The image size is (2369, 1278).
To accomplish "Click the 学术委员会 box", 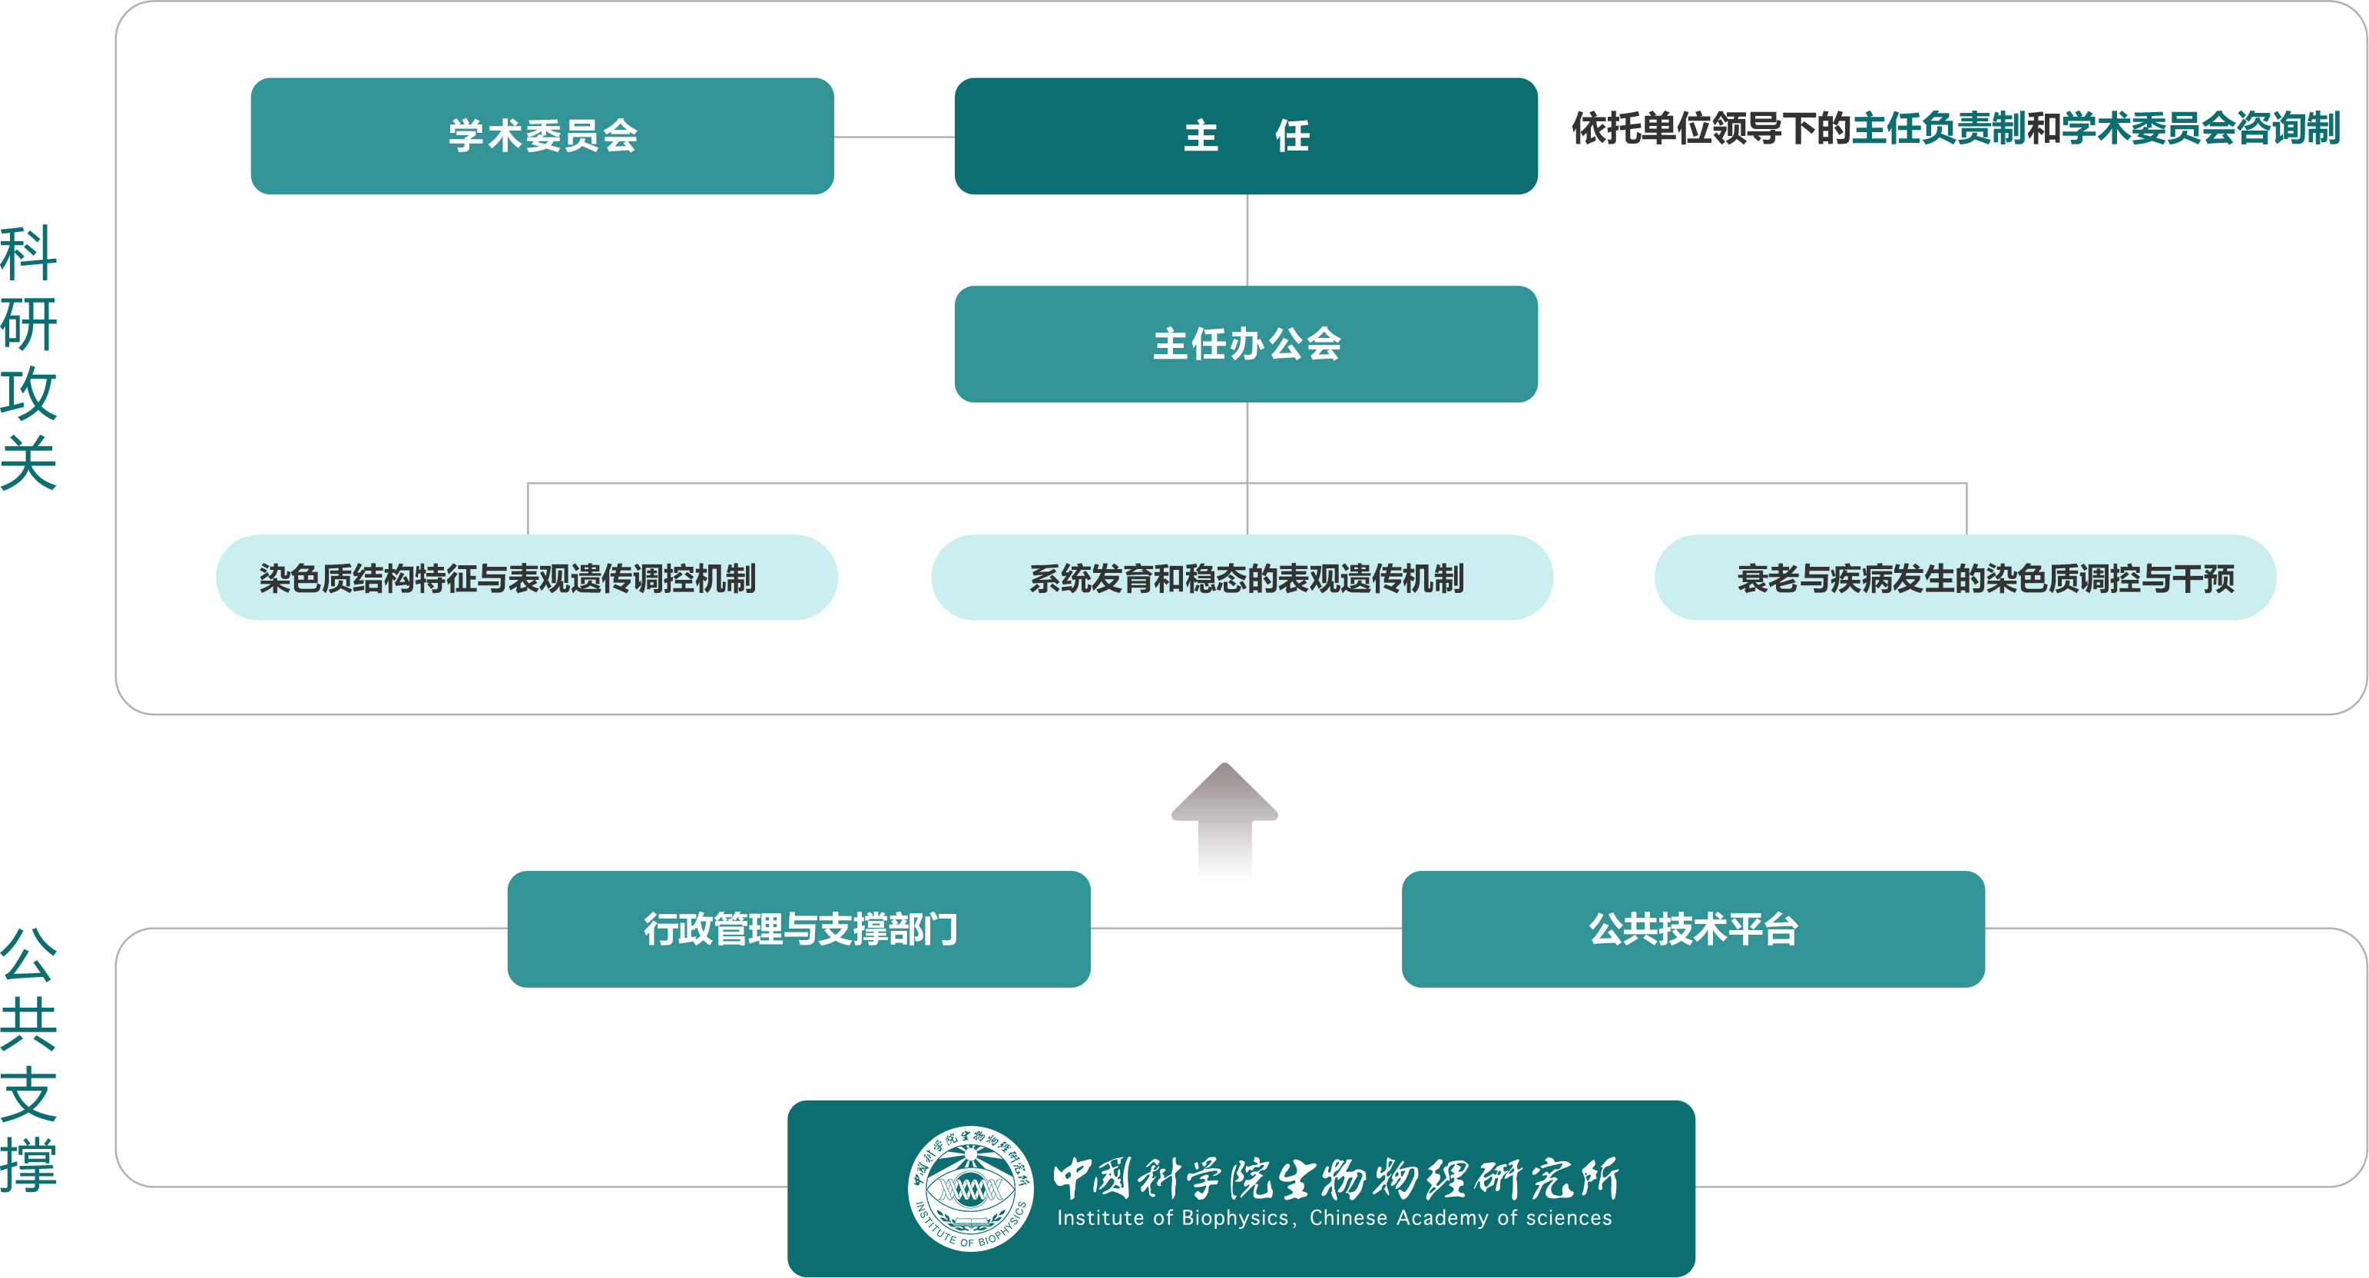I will (542, 136).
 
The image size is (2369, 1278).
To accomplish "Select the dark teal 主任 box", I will (1245, 136).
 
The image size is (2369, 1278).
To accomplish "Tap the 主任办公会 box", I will (1245, 344).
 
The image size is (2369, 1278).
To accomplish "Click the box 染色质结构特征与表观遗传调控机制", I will (526, 578).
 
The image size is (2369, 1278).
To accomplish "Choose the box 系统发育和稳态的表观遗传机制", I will (1241, 578).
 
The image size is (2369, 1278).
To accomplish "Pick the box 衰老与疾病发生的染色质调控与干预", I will (1965, 578).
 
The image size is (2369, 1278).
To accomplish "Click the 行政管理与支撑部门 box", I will (798, 929).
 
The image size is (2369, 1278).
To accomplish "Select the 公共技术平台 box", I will (1693, 929).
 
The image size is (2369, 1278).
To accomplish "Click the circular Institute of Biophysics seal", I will (970, 1188).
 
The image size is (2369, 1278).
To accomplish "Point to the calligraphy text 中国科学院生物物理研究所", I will (1335, 1178).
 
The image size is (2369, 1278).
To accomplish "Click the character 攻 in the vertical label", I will (28, 393).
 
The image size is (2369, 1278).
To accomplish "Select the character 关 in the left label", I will (28, 462).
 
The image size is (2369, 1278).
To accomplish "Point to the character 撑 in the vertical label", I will (28, 1165).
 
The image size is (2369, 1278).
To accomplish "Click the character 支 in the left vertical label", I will (28, 1094).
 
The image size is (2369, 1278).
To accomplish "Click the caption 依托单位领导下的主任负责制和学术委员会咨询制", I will (1955, 127).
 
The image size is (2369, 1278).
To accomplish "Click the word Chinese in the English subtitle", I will (1347, 1218).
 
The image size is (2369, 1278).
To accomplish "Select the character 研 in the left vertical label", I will (28, 323).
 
